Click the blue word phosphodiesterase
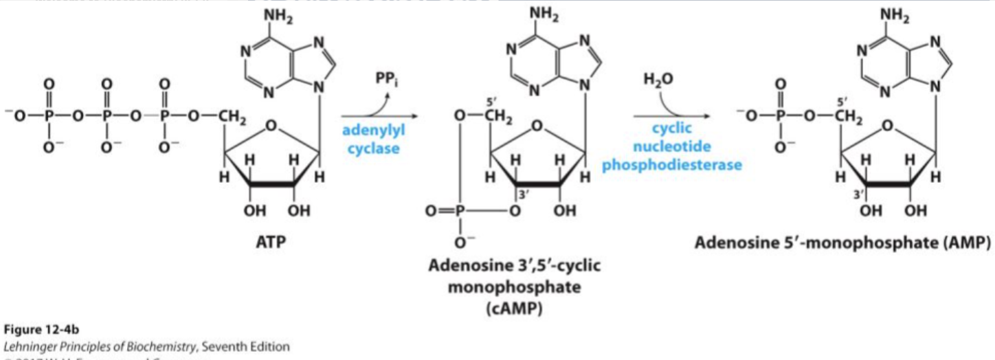pyautogui.click(x=672, y=165)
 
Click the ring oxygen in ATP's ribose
pyautogui.click(x=272, y=125)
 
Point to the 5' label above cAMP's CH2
pyautogui.click(x=491, y=101)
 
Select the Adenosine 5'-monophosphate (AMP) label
pyautogui.click(x=842, y=243)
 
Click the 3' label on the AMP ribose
pyautogui.click(x=858, y=194)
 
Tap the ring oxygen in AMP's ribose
pyautogui.click(x=888, y=125)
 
